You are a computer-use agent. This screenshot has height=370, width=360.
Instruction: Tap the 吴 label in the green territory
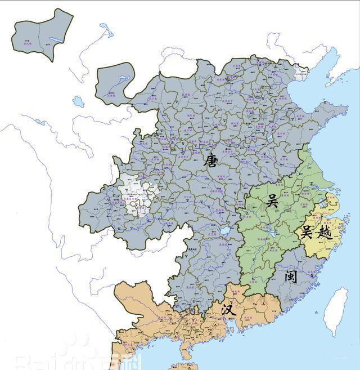pos(272,200)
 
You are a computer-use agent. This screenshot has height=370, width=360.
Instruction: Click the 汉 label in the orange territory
pos(227,309)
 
